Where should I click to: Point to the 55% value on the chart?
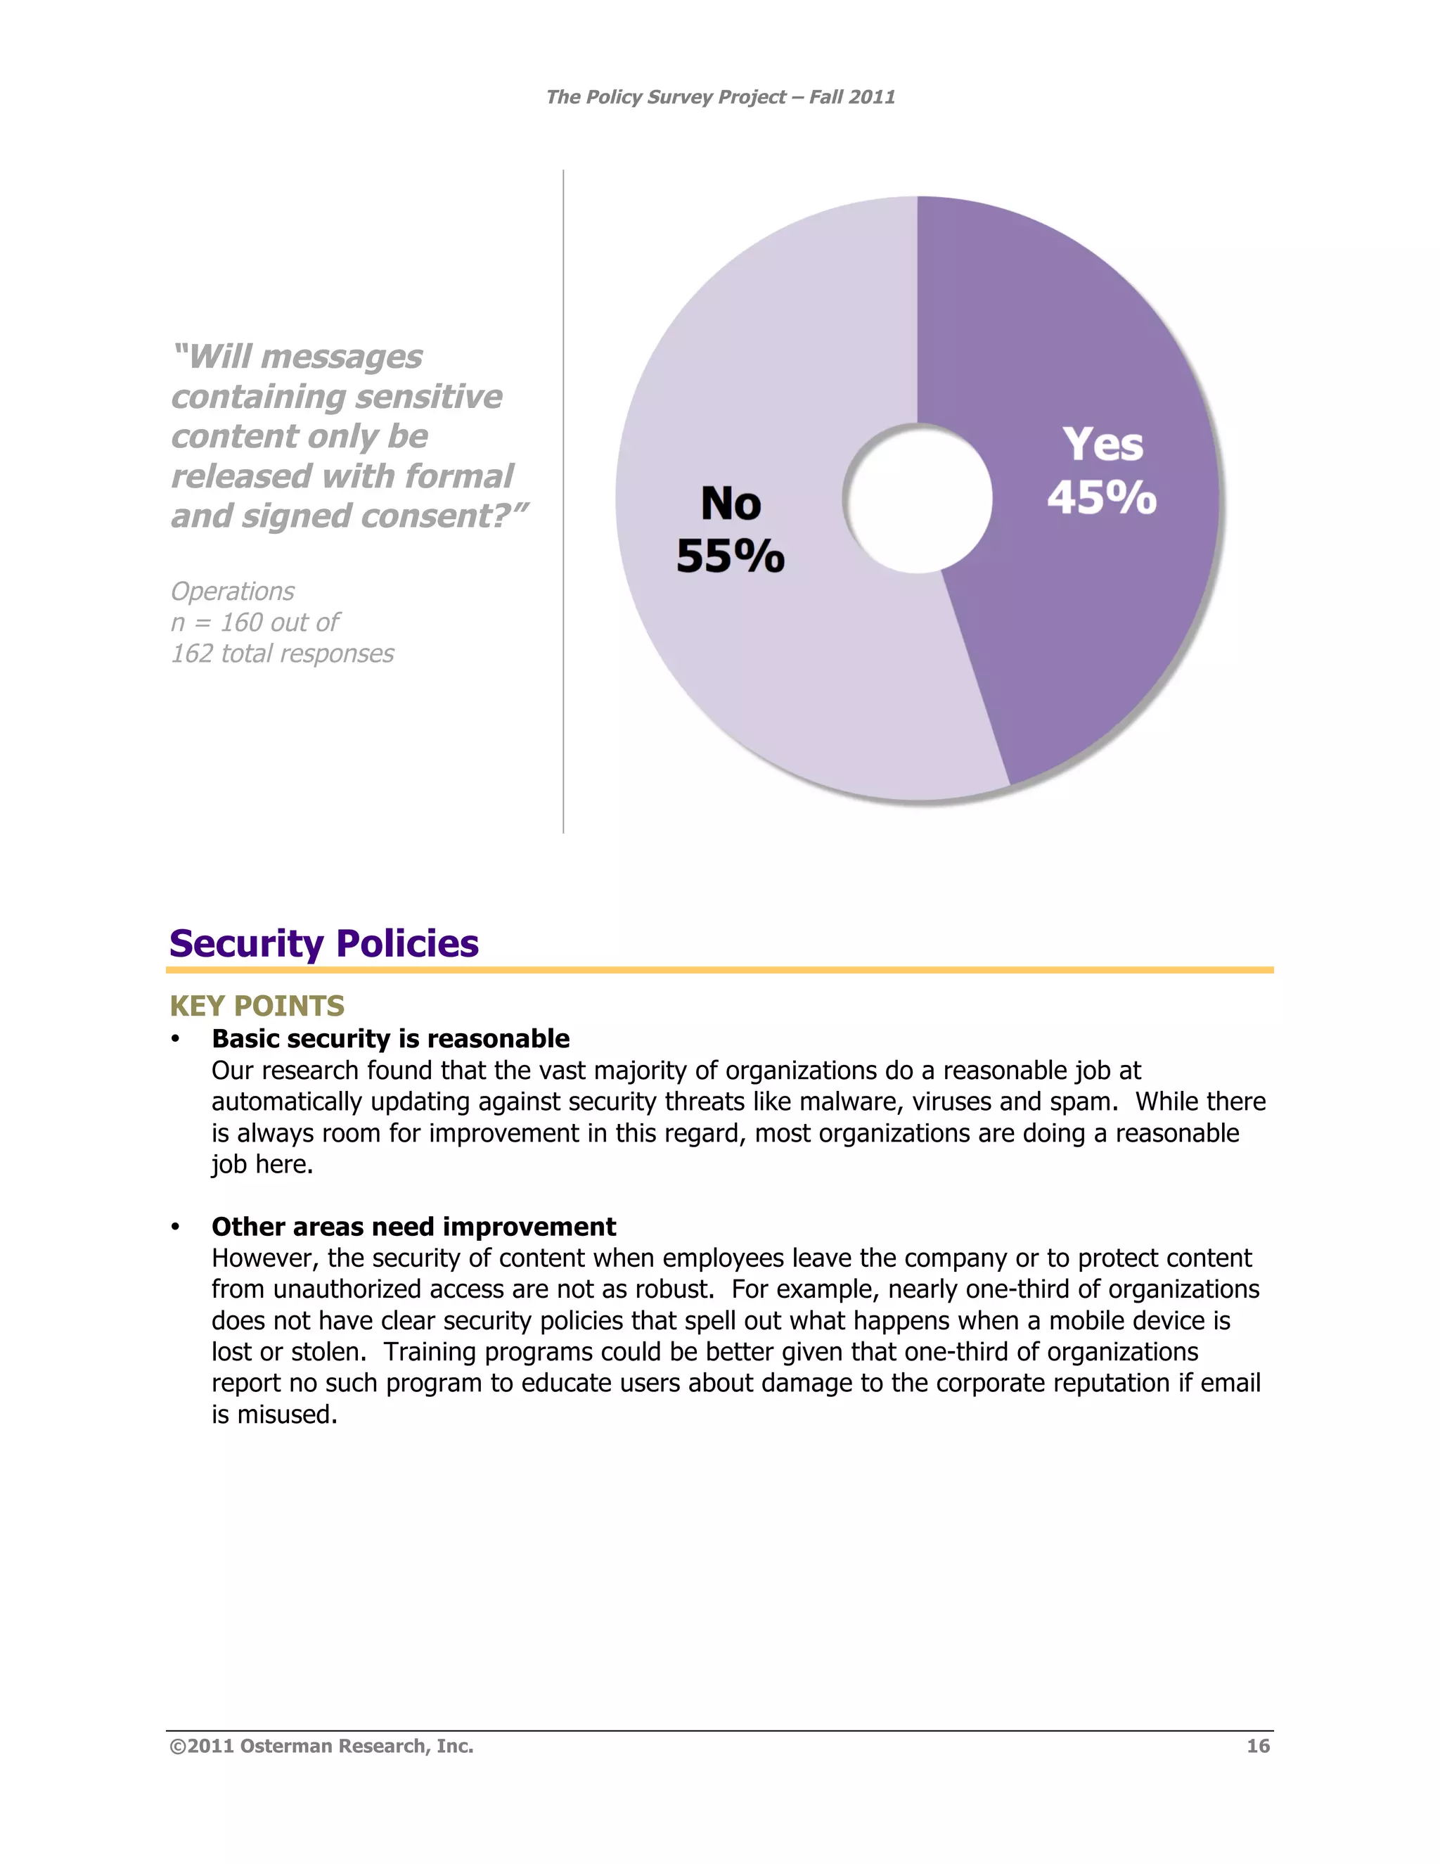point(731,556)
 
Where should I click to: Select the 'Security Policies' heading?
point(323,943)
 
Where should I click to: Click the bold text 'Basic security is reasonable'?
point(391,1039)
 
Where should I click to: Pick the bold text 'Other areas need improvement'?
point(413,1227)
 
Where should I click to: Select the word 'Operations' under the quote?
point(232,591)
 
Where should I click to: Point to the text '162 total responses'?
point(283,653)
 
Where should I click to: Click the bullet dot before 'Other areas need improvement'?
point(175,1227)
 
